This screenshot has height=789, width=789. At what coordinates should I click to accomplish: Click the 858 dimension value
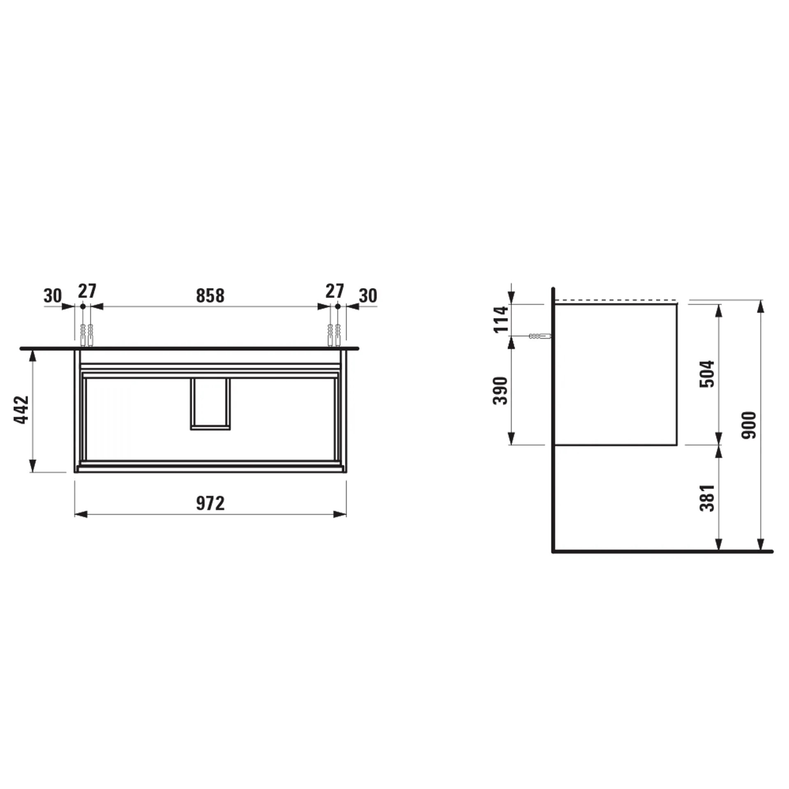click(x=210, y=296)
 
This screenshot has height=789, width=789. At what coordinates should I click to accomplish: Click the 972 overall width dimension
click(x=210, y=503)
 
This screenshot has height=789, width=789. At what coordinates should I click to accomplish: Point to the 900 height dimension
click(x=749, y=425)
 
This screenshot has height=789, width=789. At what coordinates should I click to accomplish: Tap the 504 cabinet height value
click(x=707, y=374)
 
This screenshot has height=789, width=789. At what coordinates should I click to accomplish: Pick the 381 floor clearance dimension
click(x=707, y=498)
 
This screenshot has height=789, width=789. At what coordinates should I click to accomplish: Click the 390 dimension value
click(x=500, y=390)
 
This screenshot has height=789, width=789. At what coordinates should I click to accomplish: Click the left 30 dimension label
click(x=53, y=296)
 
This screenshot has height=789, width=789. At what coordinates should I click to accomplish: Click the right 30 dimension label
click(x=368, y=296)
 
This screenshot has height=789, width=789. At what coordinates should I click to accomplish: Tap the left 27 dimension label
click(x=87, y=291)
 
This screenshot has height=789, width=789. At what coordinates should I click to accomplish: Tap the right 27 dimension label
click(x=335, y=291)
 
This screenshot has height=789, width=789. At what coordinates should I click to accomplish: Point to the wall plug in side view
click(x=540, y=336)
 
